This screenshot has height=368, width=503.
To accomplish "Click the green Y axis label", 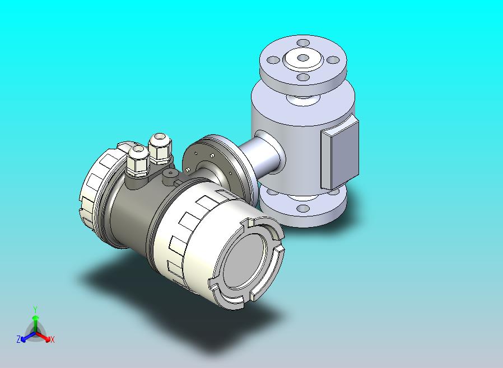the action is pos(35,309).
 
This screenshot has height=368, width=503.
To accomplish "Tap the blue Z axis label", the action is pos(18,339).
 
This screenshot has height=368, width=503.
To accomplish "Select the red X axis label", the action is pos(52,339).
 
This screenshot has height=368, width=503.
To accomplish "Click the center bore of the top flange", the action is pos(303,58).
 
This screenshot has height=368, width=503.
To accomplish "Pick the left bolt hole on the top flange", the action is pos(273,60).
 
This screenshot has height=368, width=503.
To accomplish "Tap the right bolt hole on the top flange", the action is pos(333,60).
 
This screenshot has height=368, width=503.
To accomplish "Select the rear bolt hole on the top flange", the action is pos(303,43).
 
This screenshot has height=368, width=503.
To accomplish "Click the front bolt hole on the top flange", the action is pos(303,77).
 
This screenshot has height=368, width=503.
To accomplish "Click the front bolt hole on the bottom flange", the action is pos(303,209).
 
